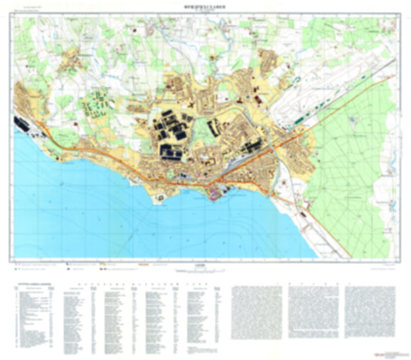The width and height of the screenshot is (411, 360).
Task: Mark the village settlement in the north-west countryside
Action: (76, 60)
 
